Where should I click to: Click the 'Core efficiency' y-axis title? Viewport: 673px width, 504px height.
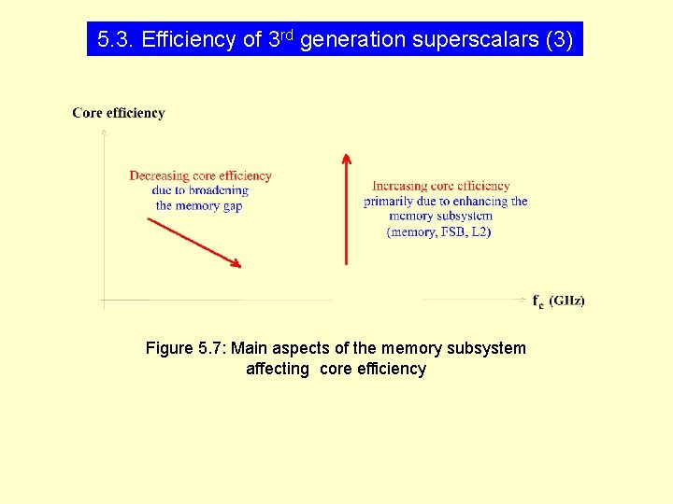[119, 113]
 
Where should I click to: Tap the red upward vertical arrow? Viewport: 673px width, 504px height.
[346, 210]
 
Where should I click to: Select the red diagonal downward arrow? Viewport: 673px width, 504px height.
[194, 243]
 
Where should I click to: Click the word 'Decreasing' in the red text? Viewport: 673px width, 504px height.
[158, 175]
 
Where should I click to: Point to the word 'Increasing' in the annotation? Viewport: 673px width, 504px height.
[400, 186]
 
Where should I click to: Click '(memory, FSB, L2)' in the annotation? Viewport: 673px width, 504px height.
[438, 231]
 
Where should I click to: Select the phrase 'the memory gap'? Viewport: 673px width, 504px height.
[199, 205]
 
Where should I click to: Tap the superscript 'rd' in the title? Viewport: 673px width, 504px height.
[288, 35]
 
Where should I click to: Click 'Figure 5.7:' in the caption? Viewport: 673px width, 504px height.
[185, 348]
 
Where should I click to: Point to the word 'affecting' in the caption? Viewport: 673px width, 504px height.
[278, 369]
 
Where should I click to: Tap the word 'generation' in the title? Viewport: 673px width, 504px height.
[353, 40]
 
